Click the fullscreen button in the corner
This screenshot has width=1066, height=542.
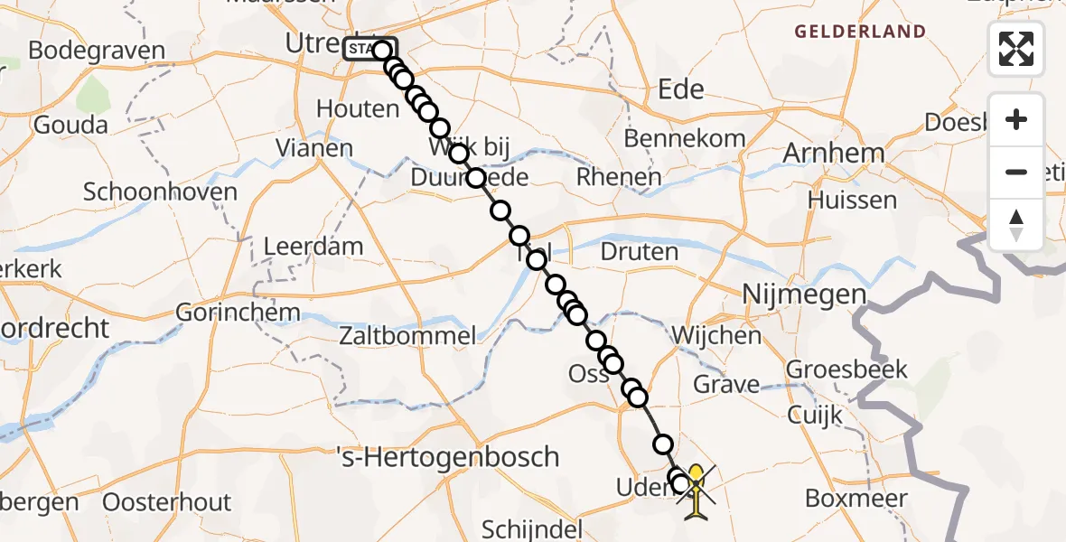coord(1016,49)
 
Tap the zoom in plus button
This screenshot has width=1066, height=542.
coord(1016,119)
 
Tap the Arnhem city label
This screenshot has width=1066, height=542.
coord(833,153)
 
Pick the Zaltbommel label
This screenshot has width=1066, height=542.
coord(407,337)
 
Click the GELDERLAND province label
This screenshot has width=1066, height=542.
coord(859,33)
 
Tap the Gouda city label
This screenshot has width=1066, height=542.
coord(70,126)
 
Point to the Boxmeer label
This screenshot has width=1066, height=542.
coord(849,499)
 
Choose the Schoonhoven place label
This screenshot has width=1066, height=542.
coord(161,192)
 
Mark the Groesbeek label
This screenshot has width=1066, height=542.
coord(846,369)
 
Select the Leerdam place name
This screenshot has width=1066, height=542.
coord(313,246)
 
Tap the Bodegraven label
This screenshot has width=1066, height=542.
coord(97,51)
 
